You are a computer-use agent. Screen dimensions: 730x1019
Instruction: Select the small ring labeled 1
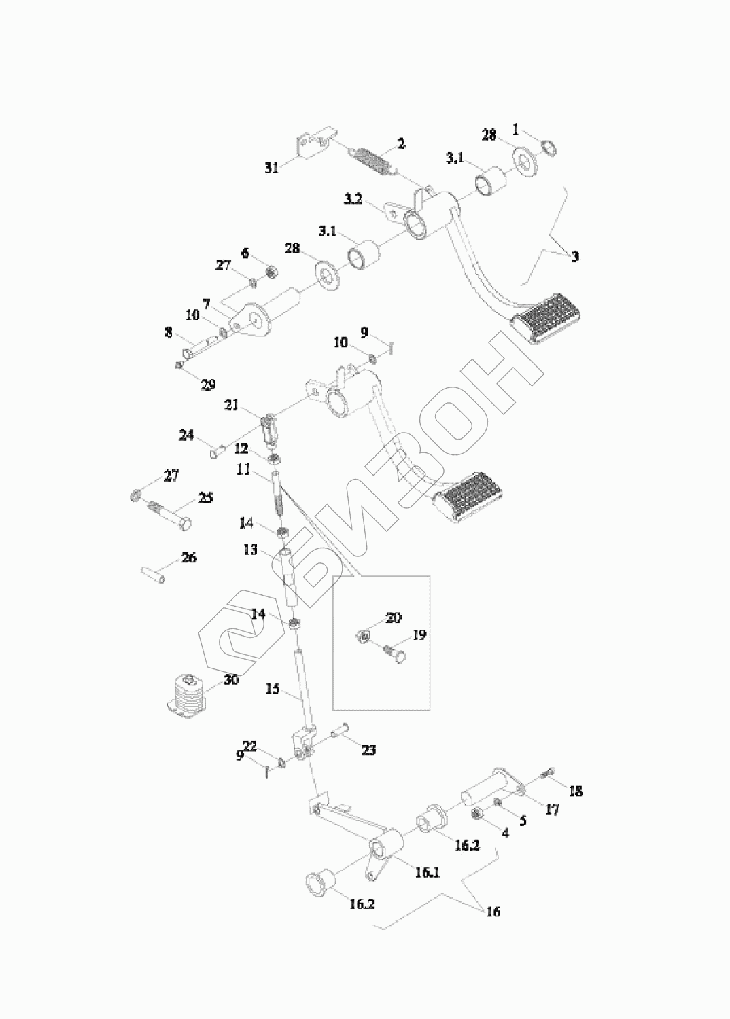click(551, 146)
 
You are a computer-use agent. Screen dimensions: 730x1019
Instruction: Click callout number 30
click(231, 679)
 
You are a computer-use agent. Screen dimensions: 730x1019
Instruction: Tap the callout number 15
click(273, 690)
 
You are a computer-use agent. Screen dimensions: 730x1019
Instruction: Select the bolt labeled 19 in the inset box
click(395, 654)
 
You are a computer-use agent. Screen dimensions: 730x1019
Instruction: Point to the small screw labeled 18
click(548, 772)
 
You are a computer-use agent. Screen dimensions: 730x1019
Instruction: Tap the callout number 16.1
click(427, 873)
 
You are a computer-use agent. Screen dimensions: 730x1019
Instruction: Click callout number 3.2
click(353, 199)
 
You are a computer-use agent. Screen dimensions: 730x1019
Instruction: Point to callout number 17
click(552, 810)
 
